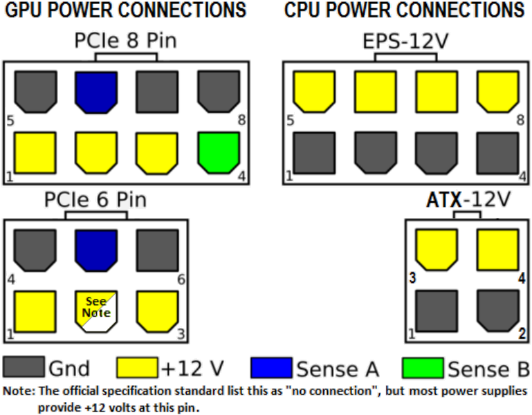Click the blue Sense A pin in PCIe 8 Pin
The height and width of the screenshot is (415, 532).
(95, 91)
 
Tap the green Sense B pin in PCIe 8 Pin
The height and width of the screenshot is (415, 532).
(218, 152)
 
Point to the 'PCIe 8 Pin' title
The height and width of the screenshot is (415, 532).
(125, 41)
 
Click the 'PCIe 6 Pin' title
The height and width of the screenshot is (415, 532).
(95, 200)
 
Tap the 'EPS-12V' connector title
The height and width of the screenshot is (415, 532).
(405, 41)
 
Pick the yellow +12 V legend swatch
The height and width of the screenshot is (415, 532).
(137, 368)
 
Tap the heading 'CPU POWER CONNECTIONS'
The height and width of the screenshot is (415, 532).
(405, 10)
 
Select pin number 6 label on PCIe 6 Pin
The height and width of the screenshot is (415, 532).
(181, 281)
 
